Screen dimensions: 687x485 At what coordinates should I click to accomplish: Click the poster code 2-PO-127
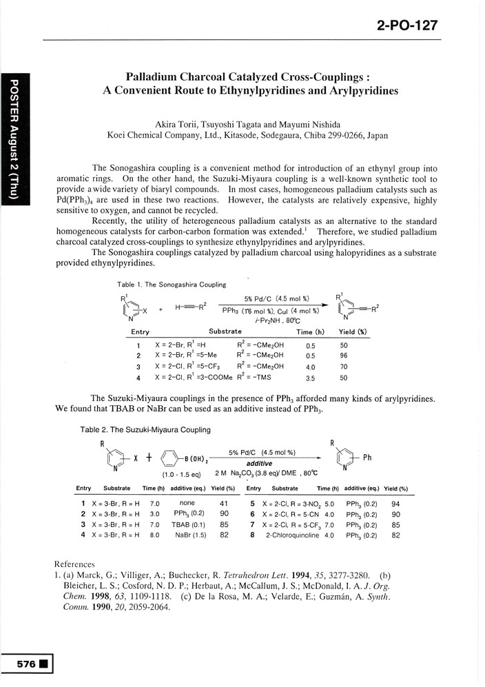407,26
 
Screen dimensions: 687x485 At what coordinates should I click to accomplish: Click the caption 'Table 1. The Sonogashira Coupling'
172,283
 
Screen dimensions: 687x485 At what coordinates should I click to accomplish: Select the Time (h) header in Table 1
300,332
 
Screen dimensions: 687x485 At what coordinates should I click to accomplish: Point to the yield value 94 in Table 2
395,504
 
